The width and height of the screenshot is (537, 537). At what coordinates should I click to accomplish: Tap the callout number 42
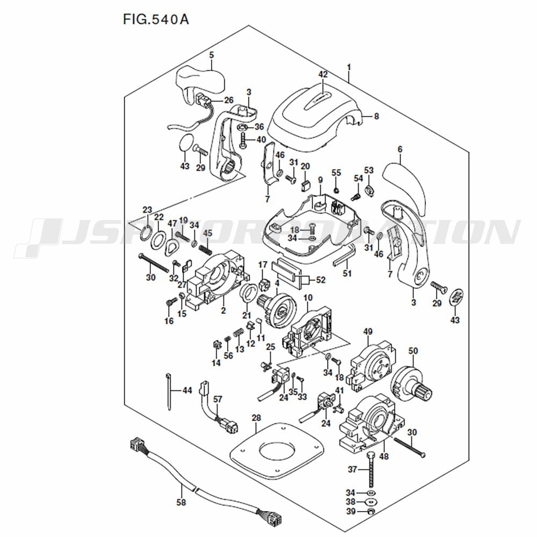[323, 75]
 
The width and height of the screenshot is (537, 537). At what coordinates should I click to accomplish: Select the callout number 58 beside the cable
[181, 503]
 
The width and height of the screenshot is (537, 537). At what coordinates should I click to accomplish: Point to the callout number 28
[256, 418]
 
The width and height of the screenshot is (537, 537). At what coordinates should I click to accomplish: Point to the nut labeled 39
[371, 511]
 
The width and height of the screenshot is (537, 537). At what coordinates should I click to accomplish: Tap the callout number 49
[368, 330]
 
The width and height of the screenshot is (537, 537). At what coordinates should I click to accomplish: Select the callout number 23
[147, 209]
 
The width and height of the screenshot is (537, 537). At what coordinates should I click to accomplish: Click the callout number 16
[169, 321]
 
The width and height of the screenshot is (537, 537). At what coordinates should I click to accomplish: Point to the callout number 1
[349, 67]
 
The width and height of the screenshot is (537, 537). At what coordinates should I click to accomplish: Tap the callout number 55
[336, 172]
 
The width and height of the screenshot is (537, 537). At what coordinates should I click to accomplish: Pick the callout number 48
[384, 456]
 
